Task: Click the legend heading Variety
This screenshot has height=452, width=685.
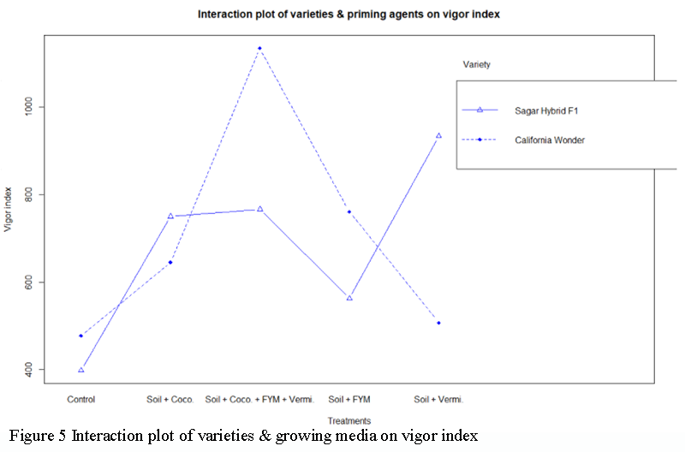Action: (476, 64)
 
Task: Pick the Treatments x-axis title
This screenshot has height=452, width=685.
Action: (348, 420)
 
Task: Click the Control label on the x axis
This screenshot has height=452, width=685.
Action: (80, 399)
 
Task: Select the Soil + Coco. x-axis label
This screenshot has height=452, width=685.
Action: (170, 399)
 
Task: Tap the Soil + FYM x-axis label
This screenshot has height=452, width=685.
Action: (349, 399)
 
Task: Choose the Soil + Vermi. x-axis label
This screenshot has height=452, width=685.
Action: (438, 399)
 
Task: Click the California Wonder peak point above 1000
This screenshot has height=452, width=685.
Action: (259, 48)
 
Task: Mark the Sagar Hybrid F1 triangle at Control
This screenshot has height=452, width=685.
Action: (81, 370)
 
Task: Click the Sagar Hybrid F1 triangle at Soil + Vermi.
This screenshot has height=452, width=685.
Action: (438, 135)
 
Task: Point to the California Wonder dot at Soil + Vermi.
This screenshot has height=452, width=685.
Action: (438, 323)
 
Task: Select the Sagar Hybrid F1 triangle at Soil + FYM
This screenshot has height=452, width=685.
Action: (349, 298)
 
